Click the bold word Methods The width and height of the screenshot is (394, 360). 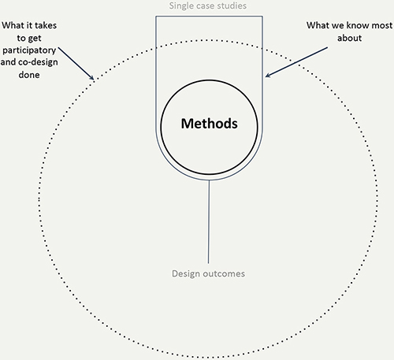tap(210, 124)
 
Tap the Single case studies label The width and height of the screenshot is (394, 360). tap(208, 6)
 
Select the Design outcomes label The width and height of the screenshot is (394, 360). tap(208, 273)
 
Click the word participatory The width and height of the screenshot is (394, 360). tap(29, 50)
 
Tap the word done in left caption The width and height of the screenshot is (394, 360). tap(29, 75)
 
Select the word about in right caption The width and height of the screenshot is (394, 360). tap(349, 38)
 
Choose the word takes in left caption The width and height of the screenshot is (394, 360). tap(46, 25)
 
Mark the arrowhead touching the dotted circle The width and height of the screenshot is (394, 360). tap(91, 77)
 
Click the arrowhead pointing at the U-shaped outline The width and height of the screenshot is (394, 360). tap(268, 75)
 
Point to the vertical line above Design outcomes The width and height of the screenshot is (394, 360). tap(209, 222)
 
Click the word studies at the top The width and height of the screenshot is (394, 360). tap(232, 6)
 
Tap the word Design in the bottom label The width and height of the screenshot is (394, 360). tap(186, 274)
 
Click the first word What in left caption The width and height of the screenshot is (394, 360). tap(12, 25)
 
